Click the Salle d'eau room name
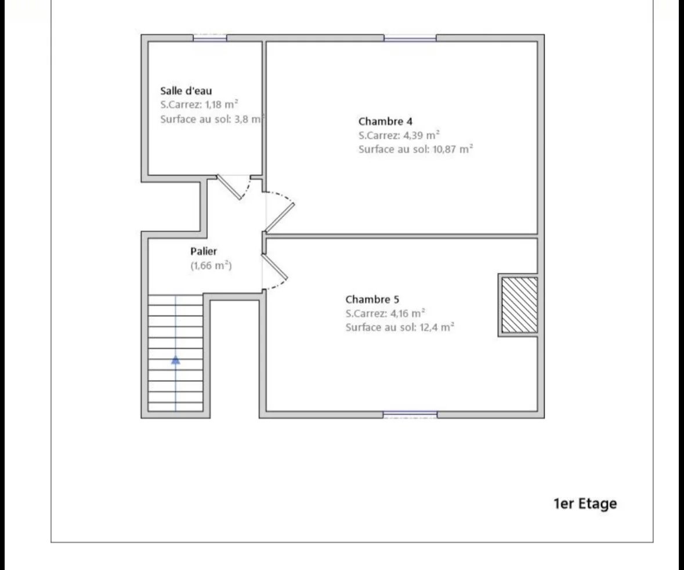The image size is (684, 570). [x=186, y=91]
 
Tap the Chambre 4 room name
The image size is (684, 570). [x=385, y=121]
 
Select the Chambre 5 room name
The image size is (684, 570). [x=372, y=300]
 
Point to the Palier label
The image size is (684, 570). [x=203, y=251]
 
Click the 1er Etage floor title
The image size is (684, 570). [x=585, y=504]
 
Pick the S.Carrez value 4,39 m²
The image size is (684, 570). [x=421, y=135]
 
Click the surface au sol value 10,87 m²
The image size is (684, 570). [x=453, y=149]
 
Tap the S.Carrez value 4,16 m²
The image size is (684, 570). [x=407, y=313]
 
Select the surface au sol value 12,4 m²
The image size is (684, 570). [x=437, y=327]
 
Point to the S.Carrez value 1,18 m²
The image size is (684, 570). [x=221, y=104]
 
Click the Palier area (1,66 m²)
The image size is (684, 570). [x=211, y=265]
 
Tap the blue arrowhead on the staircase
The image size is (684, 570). [x=175, y=360]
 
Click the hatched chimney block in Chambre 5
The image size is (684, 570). [x=519, y=305]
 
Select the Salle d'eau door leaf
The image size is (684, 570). [x=230, y=187]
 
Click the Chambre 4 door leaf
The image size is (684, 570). [x=280, y=217]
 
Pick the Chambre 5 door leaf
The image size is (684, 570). [x=275, y=267]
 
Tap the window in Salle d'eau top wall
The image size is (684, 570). [x=210, y=38]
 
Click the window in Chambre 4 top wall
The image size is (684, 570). [x=410, y=38]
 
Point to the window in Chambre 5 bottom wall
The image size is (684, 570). [x=410, y=414]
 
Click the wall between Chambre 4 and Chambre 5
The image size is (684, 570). [x=401, y=236]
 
